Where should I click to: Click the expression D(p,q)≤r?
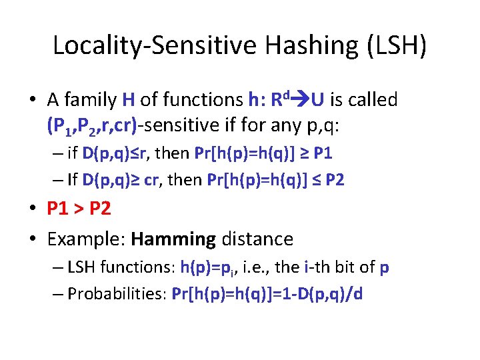[117, 153]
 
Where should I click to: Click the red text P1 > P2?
[78, 209]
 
